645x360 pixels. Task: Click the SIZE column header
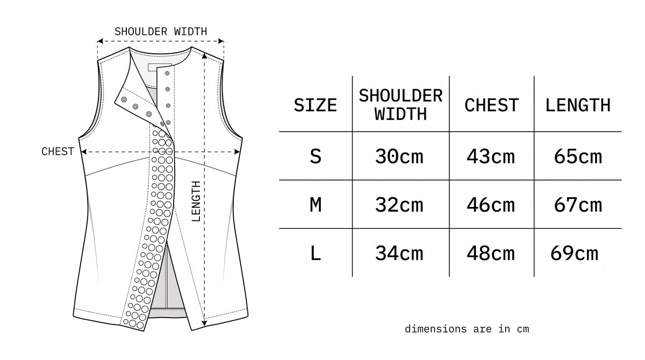316,105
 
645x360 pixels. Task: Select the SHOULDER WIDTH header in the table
400,105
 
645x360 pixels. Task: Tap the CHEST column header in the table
491,105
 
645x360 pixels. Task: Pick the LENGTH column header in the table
578,105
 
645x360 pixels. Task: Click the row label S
316,157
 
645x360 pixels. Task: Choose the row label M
316,205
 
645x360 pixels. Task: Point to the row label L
316,254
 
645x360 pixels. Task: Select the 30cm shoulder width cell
399,157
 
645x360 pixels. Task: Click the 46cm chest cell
491,205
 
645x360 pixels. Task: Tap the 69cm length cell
574,254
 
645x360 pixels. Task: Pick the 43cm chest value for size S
491,157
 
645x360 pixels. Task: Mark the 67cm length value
578,205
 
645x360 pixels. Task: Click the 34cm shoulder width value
399,254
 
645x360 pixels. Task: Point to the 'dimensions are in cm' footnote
467,329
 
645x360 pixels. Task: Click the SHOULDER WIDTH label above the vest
161,31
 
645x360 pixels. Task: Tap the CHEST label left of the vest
58,152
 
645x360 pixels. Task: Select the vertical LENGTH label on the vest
196,201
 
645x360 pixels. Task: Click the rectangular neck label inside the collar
160,68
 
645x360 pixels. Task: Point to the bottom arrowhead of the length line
204,323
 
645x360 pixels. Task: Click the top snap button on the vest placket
167,74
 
